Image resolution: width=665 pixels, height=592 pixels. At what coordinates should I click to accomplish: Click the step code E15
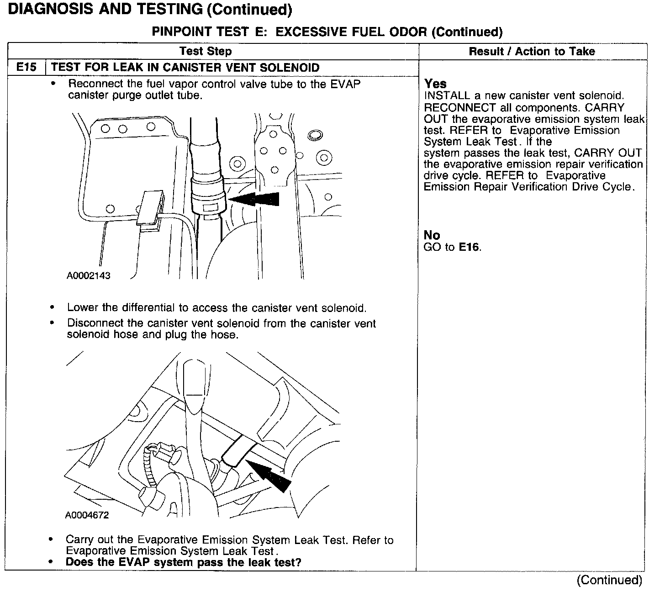[x=26, y=68]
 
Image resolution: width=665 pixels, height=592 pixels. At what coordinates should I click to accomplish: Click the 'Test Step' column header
[x=206, y=51]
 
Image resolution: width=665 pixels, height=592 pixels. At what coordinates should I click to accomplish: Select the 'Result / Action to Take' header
[x=532, y=51]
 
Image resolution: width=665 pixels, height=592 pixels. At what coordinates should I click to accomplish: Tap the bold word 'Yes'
[x=435, y=84]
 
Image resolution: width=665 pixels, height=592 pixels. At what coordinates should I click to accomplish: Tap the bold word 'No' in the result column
[x=432, y=235]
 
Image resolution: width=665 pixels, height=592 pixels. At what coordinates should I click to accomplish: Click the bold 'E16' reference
[x=469, y=247]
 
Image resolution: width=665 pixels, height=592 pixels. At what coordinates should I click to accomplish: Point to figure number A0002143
[x=89, y=275]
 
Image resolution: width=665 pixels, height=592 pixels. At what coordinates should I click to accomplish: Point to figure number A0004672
[x=87, y=515]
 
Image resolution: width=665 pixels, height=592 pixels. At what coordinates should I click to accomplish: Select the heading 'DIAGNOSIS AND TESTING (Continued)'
[x=150, y=9]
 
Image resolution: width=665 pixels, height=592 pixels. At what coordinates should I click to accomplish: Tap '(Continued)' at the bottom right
[x=609, y=580]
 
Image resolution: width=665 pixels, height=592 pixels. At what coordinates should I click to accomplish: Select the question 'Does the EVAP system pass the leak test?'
[x=184, y=562]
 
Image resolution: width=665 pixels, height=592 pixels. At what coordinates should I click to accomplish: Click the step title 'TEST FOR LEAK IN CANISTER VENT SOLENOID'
[x=185, y=68]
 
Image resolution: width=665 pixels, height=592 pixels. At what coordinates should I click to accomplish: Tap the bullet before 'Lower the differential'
[x=54, y=308]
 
